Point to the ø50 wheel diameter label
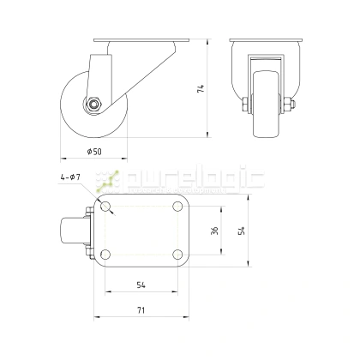pyautogui.click(x=95, y=151)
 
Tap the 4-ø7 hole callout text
pyautogui.click(x=70, y=177)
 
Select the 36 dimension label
pyautogui.click(x=215, y=230)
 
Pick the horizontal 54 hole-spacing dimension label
pyautogui.click(x=140, y=285)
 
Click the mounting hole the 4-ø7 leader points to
pyautogui.click(x=105, y=207)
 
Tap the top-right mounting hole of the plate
pyautogui.click(x=176, y=207)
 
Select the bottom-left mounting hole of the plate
pyautogui.click(x=105, y=254)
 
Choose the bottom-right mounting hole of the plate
pyautogui.click(x=176, y=254)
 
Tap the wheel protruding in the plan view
pyautogui.click(x=72, y=231)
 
